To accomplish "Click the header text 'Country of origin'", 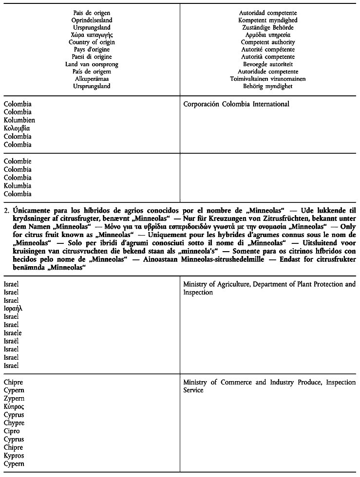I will tap(92, 42).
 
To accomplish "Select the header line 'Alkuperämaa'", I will tap(92, 79).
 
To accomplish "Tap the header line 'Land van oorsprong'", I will tap(92, 64).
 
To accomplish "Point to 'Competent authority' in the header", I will tap(268, 42).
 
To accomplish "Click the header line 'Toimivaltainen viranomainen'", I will tap(268, 79).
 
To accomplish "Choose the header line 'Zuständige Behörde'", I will tap(268, 28).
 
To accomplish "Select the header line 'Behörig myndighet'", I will tap(268, 86).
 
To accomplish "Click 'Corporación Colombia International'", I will tap(236, 104).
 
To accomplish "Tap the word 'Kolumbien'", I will tap(19, 120).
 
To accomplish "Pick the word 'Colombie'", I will tap(18, 162).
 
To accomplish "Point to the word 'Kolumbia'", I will tap(18, 186).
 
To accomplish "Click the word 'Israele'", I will tap(13, 333).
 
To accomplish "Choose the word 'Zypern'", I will tap(14, 399).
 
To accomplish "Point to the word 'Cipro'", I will tap(12, 431).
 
